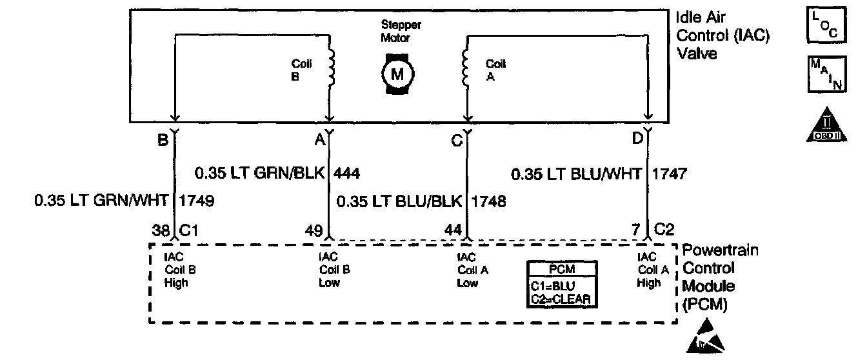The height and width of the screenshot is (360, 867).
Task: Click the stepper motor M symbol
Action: coord(397,74)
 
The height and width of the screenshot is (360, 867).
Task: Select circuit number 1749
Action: coord(196,201)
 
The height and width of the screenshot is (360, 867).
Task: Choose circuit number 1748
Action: coord(488,201)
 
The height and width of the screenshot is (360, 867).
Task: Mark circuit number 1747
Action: coord(670,173)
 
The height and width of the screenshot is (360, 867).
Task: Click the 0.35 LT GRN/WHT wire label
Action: coord(103,201)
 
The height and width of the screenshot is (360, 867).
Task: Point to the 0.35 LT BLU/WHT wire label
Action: coord(577,173)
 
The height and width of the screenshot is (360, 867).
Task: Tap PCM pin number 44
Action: coord(453,230)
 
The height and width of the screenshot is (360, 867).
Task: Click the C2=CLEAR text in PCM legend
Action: coord(560,298)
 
